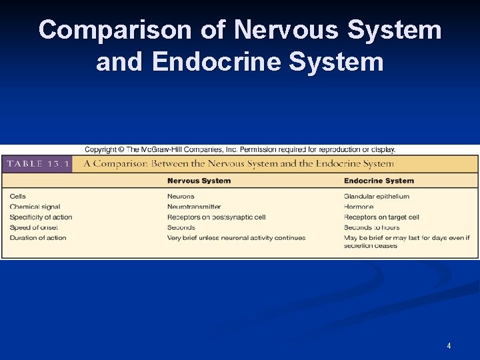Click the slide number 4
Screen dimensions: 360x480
tap(449, 345)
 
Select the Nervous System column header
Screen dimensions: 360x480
tap(199, 181)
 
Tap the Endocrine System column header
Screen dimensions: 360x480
tap(379, 181)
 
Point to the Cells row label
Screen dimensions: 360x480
tap(18, 196)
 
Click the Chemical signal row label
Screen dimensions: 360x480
tap(35, 207)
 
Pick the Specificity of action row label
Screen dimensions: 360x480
tap(41, 217)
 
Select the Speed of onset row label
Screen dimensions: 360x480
tap(33, 227)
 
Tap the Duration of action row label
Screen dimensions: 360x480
tap(38, 237)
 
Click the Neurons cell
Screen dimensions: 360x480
tap(181, 196)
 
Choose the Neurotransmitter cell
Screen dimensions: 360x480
tap(194, 207)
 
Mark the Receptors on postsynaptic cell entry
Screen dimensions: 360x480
tap(216, 217)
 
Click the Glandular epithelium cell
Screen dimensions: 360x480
tap(377, 196)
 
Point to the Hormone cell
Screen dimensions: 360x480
tap(359, 207)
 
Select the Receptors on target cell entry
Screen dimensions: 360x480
tap(381, 217)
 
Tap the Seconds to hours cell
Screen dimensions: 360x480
tap(371, 227)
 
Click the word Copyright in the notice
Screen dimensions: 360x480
tap(100, 149)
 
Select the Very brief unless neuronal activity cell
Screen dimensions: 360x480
tap(236, 237)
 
